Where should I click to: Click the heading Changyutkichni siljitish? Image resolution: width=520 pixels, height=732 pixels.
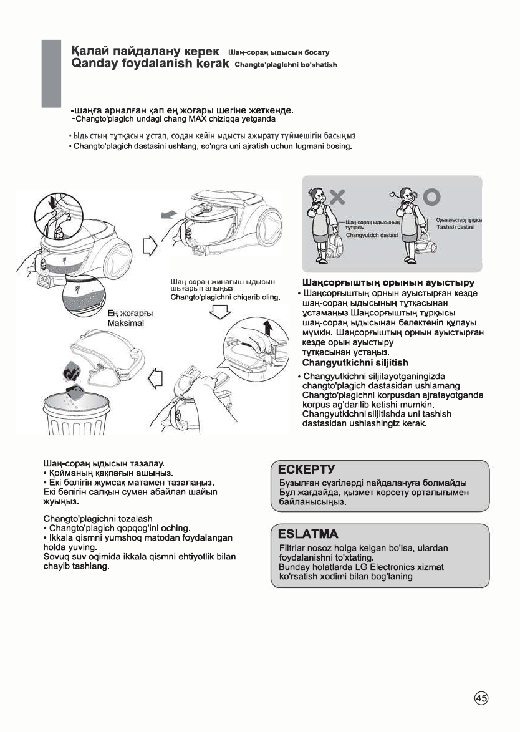(x=355, y=363)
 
